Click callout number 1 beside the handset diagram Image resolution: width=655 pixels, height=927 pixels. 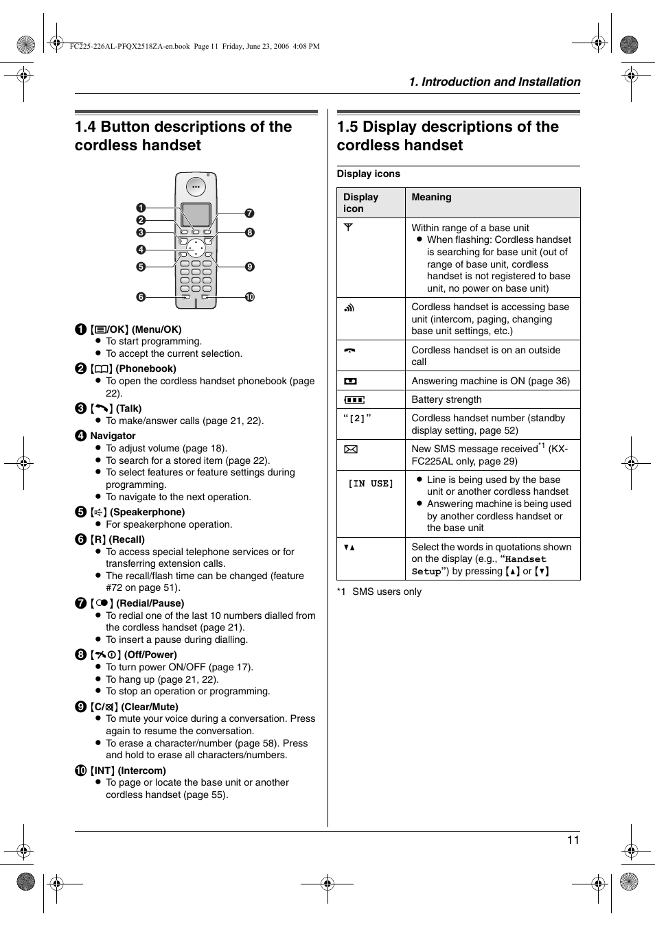[141, 208]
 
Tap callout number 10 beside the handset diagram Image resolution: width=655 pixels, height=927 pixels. [250, 297]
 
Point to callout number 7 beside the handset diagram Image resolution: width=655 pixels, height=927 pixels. [250, 213]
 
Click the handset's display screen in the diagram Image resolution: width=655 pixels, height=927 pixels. [196, 214]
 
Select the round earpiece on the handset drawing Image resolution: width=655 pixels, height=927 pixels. [196, 187]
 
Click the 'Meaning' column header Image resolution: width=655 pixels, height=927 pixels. [431, 198]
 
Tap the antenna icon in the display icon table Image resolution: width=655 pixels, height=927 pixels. [349, 227]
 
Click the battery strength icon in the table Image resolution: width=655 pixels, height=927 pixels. [354, 399]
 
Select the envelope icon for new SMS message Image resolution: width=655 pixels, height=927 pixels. [351, 449]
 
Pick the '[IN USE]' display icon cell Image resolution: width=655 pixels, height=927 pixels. [371, 484]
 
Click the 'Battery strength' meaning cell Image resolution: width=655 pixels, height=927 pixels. [446, 399]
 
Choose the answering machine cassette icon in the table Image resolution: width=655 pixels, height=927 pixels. [351, 381]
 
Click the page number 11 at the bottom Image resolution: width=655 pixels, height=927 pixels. [573, 840]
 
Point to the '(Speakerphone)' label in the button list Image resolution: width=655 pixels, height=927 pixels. [147, 512]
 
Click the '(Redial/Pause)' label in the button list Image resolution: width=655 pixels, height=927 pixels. [150, 603]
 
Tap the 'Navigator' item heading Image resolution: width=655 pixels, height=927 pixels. [113, 436]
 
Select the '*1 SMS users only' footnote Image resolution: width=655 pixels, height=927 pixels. [379, 591]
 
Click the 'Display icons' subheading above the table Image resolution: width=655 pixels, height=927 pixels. [368, 174]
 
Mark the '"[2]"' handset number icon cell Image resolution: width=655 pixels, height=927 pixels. [357, 418]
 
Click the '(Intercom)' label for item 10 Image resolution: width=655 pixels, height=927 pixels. [141, 771]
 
